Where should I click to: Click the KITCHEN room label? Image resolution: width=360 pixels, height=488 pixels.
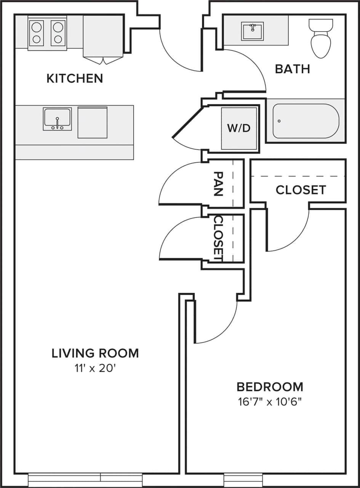[x=75, y=79]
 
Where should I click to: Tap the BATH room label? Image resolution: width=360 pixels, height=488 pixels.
[x=292, y=69]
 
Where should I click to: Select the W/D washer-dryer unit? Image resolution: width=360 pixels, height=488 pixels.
[x=239, y=128]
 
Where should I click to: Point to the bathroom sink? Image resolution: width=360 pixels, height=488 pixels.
[x=252, y=31]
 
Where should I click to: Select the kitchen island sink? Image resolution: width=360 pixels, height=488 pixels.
[x=57, y=119]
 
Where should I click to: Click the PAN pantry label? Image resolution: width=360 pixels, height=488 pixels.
[x=218, y=183]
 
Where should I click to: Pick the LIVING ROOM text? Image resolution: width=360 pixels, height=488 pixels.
[x=95, y=353]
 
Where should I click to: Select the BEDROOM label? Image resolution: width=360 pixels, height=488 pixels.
[x=270, y=387]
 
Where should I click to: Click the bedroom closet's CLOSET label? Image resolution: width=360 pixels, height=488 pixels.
[x=301, y=190]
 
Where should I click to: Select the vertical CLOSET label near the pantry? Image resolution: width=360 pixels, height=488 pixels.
[x=218, y=239]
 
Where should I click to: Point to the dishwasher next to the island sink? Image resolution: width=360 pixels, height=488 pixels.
[x=93, y=122]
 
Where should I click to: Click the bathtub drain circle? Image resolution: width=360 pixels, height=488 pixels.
[x=279, y=121]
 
